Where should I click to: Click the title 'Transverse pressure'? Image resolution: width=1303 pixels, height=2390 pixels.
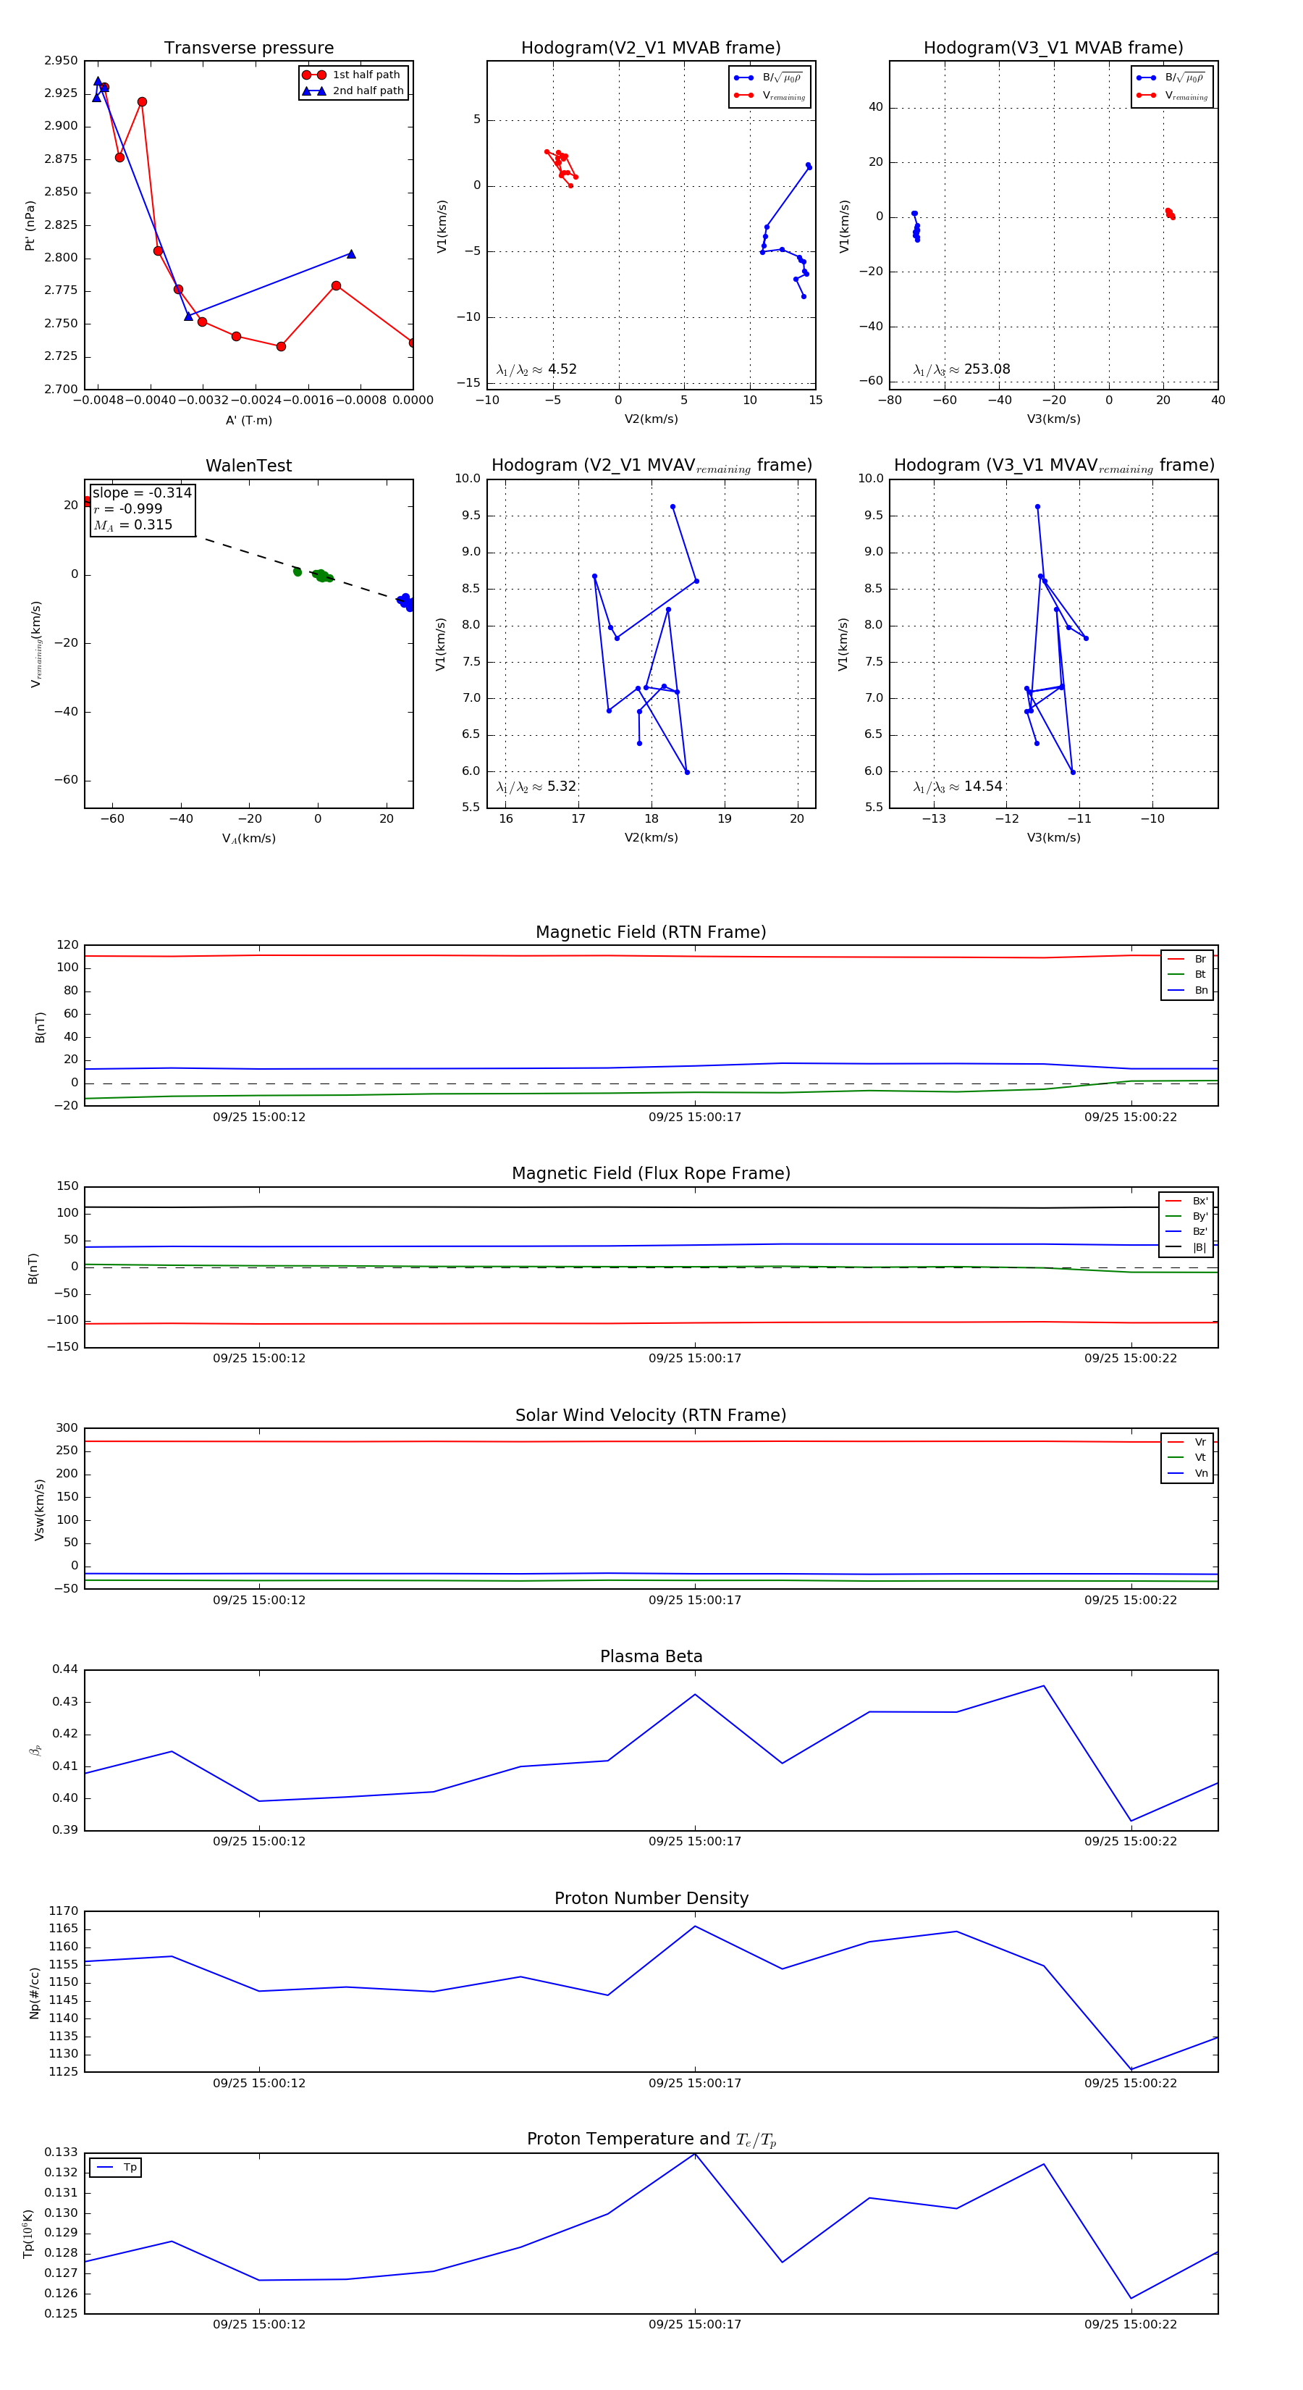[248, 49]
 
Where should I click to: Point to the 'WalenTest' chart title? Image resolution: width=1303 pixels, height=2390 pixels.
[248, 466]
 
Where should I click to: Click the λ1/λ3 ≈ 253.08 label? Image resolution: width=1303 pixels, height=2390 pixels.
[962, 369]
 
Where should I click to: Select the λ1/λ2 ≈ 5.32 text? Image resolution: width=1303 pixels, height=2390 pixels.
[536, 787]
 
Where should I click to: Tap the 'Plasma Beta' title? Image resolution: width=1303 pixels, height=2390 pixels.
[651, 1656]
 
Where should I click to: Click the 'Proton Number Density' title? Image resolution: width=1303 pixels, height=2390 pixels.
[651, 1898]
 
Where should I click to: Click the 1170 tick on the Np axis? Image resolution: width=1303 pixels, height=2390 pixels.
[63, 1911]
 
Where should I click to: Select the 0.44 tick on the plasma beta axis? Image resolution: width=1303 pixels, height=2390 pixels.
[65, 1669]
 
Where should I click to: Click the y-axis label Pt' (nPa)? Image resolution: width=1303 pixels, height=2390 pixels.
[30, 225]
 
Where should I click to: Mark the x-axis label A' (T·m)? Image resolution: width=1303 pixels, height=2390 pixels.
[248, 420]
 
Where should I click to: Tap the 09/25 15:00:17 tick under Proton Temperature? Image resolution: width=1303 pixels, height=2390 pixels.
[695, 2324]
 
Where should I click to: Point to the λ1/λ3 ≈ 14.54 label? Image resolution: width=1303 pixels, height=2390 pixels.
[957, 787]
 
